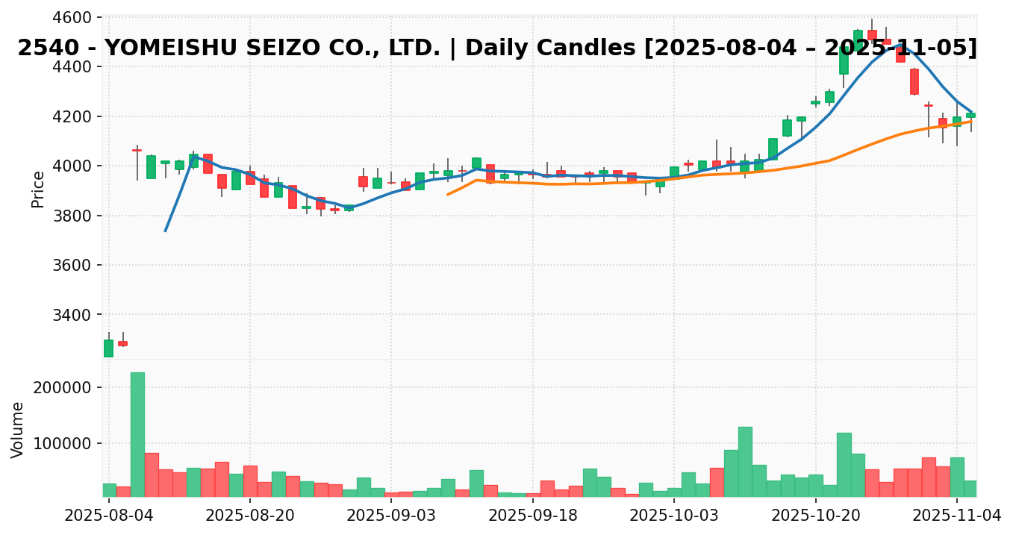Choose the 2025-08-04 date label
tap(109, 516)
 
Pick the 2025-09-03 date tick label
tap(390, 516)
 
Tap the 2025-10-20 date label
tap(815, 516)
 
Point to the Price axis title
tap(38, 189)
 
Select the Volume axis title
tap(18, 429)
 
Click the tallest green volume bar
tap(137, 434)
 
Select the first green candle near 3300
tap(108, 348)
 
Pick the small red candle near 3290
tap(122, 343)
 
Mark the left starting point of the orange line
tap(448, 194)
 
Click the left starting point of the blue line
tap(165, 231)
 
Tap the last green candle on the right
tap(970, 115)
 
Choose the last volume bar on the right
tap(970, 489)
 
